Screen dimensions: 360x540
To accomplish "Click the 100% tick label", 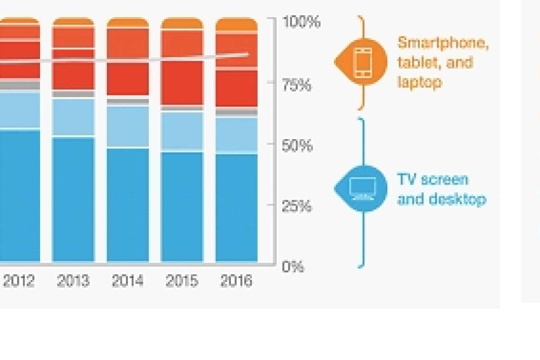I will pyautogui.click(x=301, y=22).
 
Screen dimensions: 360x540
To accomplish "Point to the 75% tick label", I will pyautogui.click(x=297, y=85).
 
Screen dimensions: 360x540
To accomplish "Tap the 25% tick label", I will pyautogui.click(x=297, y=207).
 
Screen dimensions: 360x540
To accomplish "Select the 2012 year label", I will pyautogui.click(x=19, y=281).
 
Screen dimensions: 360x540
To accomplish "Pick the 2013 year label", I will pyautogui.click(x=73, y=281).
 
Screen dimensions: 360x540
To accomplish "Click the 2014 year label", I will pyautogui.click(x=128, y=281).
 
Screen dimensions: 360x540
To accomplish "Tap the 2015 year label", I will pyautogui.click(x=182, y=281).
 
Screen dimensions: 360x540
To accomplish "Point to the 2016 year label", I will pyautogui.click(x=236, y=281).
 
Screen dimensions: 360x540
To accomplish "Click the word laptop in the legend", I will pyautogui.click(x=419, y=82).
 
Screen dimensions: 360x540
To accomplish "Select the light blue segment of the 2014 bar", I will pyautogui.click(x=128, y=126).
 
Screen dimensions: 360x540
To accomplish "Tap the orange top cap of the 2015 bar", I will pyautogui.click(x=182, y=23).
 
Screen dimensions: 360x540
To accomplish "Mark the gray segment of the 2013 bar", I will pyautogui.click(x=73, y=94).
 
